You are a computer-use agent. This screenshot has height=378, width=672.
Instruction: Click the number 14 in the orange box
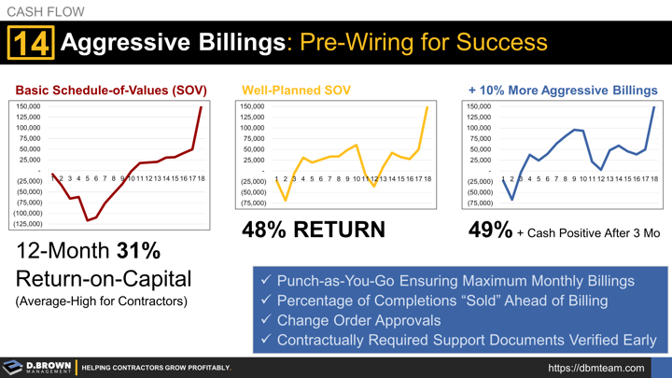pyautogui.click(x=32, y=44)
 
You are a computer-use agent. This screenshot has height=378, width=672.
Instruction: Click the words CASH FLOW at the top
pyautogui.click(x=46, y=12)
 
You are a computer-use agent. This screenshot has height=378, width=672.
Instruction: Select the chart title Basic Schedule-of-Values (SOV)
pyautogui.click(x=110, y=91)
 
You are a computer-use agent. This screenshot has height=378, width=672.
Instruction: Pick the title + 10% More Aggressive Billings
pyautogui.click(x=562, y=91)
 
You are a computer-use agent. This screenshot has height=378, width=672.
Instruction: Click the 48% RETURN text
pyautogui.click(x=313, y=229)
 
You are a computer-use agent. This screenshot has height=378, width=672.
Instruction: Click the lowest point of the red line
pyautogui.click(x=87, y=220)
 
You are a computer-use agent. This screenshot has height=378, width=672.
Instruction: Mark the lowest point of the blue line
pyautogui.click(x=511, y=200)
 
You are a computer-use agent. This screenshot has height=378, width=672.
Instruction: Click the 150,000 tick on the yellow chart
pyautogui.click(x=252, y=107)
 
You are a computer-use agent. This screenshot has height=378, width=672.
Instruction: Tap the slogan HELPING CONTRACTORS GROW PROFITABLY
pyautogui.click(x=156, y=368)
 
